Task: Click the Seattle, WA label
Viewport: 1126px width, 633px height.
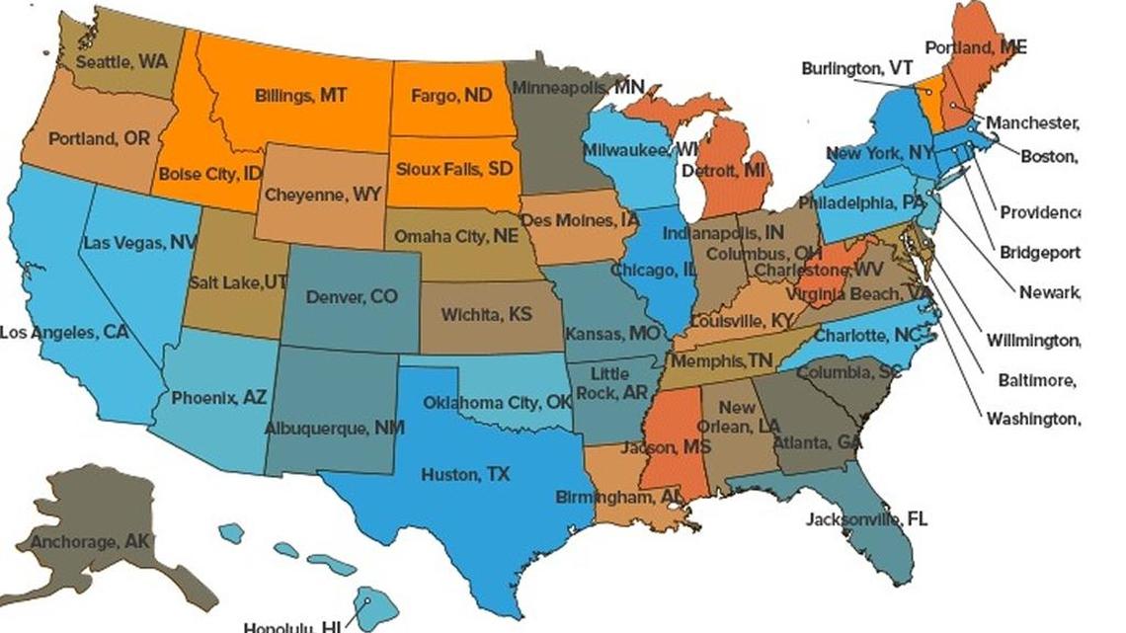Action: pos(121,61)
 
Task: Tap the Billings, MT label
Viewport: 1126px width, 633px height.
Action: pos(300,96)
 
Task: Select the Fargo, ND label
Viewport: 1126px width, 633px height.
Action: pos(451,96)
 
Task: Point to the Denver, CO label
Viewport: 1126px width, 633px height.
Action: pos(352,296)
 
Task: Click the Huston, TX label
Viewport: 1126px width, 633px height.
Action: pos(465,475)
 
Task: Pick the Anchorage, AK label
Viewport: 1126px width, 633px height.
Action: pos(90,541)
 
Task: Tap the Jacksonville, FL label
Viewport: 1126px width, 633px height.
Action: pos(866,519)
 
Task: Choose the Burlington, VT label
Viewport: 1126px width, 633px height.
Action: pos(856,68)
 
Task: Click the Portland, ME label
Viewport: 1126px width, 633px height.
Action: pos(975,46)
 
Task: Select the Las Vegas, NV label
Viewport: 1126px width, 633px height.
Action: pos(140,243)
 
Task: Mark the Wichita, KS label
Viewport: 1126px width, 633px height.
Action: pos(486,315)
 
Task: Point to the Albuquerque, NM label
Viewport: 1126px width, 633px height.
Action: pos(334,429)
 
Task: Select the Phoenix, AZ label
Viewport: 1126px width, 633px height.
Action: pos(218,398)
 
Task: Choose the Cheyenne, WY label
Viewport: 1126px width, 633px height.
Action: pos(322,195)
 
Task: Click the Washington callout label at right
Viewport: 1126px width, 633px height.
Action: pos(1032,419)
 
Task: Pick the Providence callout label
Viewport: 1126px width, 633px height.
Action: pos(1039,212)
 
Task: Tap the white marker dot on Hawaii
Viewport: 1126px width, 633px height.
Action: pos(365,601)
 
